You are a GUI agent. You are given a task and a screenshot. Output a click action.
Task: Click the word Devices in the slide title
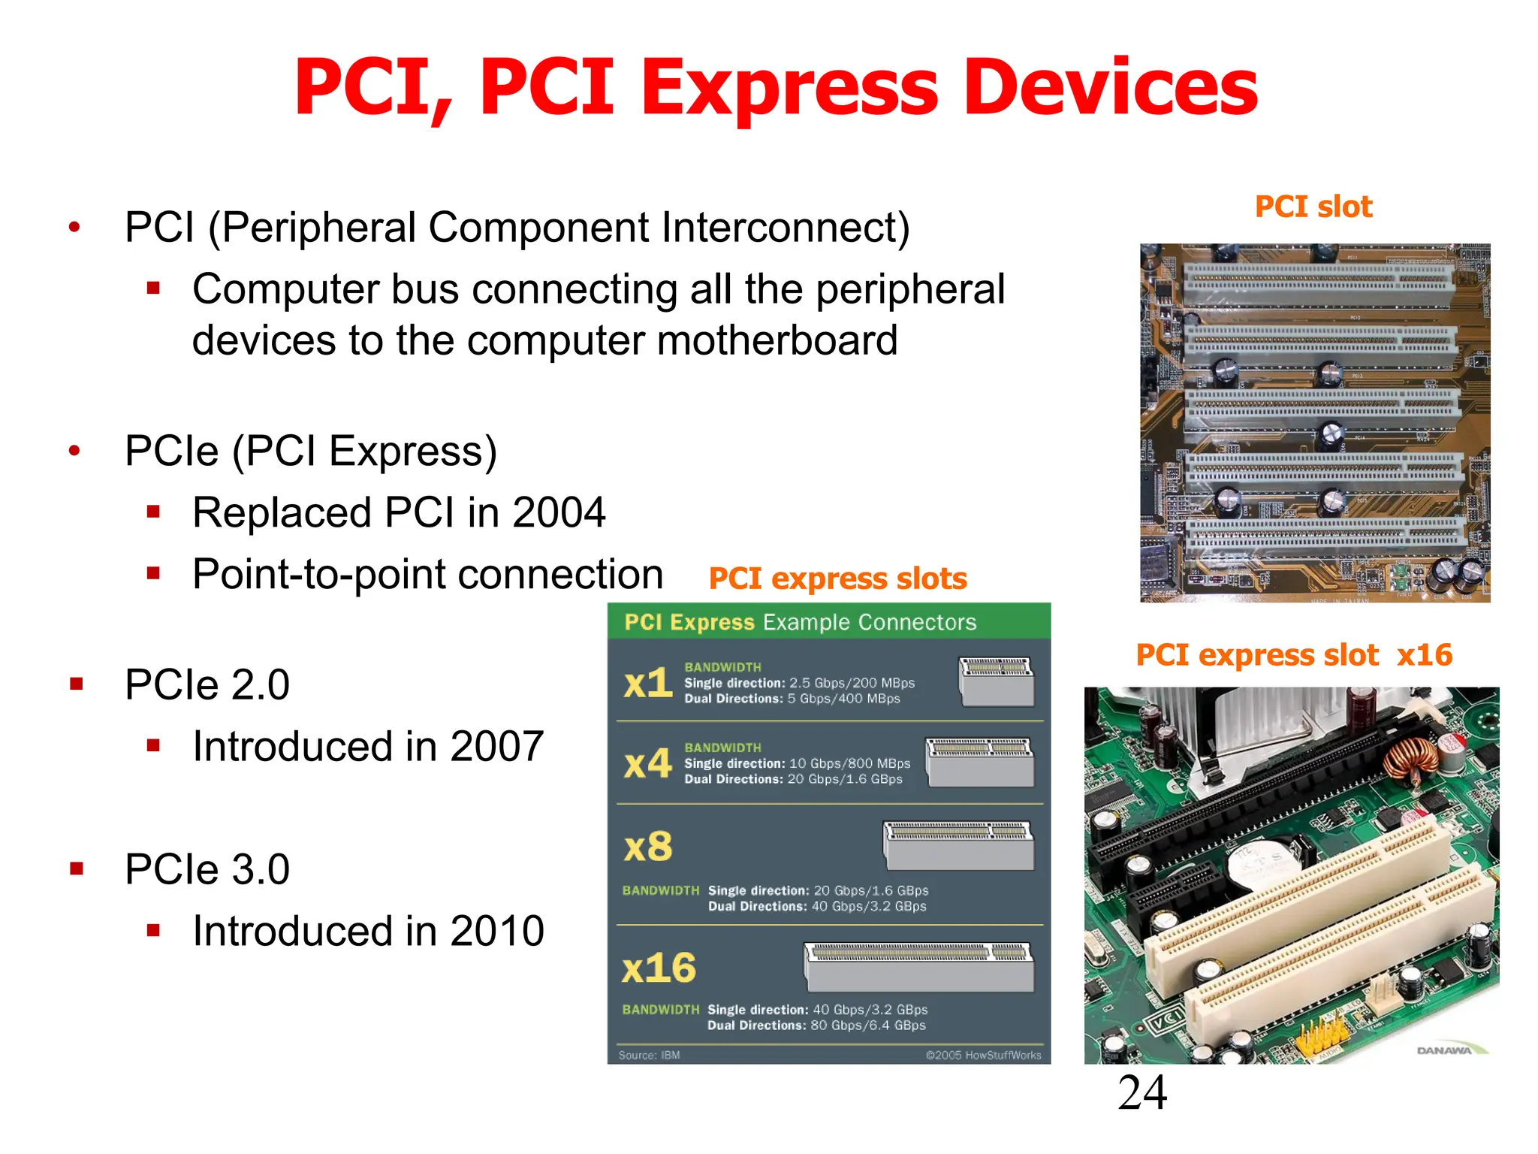pyautogui.click(x=1110, y=88)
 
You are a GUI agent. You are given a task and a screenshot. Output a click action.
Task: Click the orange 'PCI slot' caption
pyautogui.click(x=1313, y=207)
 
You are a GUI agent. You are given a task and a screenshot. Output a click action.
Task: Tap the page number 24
pyautogui.click(x=1142, y=1092)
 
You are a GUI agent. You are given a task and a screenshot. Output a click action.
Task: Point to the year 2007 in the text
pyautogui.click(x=496, y=747)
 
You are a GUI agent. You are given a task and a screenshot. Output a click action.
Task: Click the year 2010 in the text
pyautogui.click(x=496, y=932)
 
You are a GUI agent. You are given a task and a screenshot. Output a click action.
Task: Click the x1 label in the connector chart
pyautogui.click(x=647, y=683)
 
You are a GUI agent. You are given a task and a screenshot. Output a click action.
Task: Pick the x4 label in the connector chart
pyautogui.click(x=647, y=764)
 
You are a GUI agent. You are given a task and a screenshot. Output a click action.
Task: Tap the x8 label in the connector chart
pyautogui.click(x=648, y=847)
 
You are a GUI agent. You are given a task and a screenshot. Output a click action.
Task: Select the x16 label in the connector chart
pyautogui.click(x=659, y=968)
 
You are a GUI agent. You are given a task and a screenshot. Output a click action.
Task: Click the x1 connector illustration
pyautogui.click(x=997, y=681)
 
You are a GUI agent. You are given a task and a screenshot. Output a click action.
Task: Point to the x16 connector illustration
pyautogui.click(x=918, y=967)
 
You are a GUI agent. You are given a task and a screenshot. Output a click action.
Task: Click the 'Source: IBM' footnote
pyautogui.click(x=649, y=1056)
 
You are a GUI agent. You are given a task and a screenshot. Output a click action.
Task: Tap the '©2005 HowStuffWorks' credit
pyautogui.click(x=983, y=1056)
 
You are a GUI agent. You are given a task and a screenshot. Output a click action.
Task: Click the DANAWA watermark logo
pyautogui.click(x=1444, y=1050)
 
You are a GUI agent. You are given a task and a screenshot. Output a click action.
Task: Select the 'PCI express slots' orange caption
pyautogui.click(x=837, y=579)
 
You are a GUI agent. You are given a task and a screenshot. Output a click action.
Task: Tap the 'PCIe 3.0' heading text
pyautogui.click(x=207, y=870)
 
